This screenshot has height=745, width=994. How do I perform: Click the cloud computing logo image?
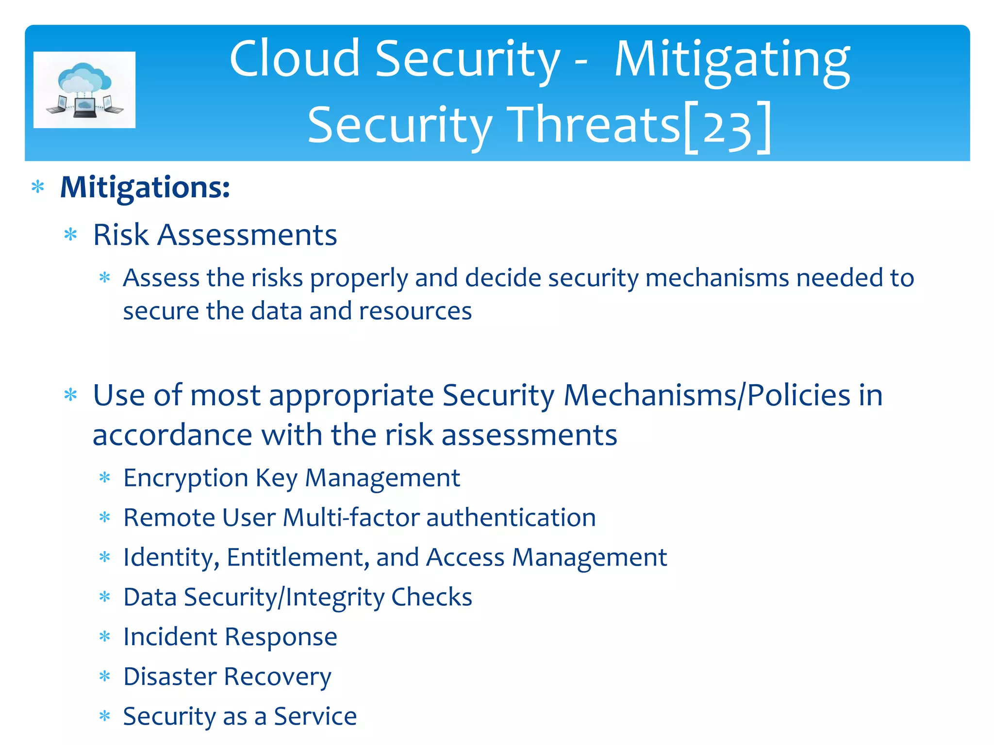pos(84,90)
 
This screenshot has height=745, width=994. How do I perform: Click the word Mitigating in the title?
pos(732,60)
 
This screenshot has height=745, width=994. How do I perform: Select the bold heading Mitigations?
pos(145,187)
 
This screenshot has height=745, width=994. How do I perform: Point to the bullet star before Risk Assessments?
pos(71,235)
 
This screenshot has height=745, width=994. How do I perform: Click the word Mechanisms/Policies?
pos(706,395)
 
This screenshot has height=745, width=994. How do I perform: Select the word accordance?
pos(172,435)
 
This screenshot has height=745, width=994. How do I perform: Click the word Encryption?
pos(185,479)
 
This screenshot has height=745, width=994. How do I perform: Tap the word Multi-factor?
pos(350,518)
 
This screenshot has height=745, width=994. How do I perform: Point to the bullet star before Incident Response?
pos(105,637)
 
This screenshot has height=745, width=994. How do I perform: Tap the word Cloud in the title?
pos(294,59)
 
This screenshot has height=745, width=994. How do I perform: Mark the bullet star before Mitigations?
pos(38,187)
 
